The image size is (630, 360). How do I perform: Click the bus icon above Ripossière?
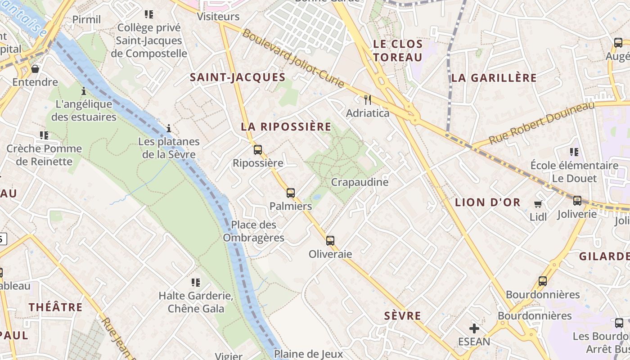coord(258,150)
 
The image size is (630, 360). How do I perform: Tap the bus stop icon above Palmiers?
coord(291,193)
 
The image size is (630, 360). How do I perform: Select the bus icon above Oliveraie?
coord(330,241)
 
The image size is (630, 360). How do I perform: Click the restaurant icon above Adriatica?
coord(368,99)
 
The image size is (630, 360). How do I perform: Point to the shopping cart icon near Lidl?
coord(538,204)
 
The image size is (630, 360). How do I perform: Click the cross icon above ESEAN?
coord(474,328)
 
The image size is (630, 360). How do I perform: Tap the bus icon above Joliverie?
coord(577,201)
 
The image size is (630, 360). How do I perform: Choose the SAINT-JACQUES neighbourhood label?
coord(238,77)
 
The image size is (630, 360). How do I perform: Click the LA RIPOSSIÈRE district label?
coord(286,126)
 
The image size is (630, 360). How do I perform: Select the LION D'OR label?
coord(488,202)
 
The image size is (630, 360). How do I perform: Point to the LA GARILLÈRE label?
coord(494,78)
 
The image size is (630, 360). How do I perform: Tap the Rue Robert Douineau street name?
coord(541,122)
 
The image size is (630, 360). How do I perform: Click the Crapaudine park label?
coord(360,182)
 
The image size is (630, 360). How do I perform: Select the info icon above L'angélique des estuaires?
coord(84,91)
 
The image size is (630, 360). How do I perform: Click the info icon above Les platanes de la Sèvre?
coord(169,129)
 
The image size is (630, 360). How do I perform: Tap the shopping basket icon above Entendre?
coord(35,69)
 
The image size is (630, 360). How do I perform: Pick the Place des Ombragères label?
coord(254,231)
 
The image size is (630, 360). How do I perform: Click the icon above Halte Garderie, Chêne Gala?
coord(196,283)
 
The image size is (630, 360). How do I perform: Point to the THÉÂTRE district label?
coord(56,307)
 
